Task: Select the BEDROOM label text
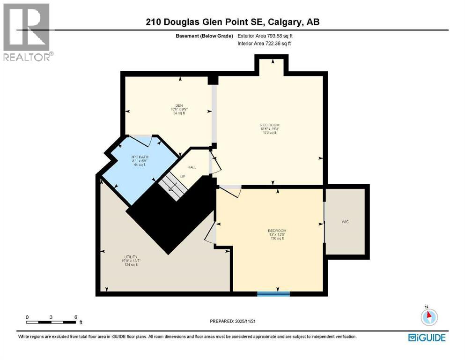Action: pos(277,231)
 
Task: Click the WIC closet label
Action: pos(345,221)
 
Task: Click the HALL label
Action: pos(192,167)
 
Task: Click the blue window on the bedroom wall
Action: pos(273,294)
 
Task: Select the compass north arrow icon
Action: pos(428,317)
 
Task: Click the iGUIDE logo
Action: pos(427,337)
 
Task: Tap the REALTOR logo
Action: pos(27,32)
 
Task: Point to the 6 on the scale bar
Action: pos(75,317)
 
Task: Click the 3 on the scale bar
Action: pos(51,317)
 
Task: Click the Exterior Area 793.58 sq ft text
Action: pos(266,36)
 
